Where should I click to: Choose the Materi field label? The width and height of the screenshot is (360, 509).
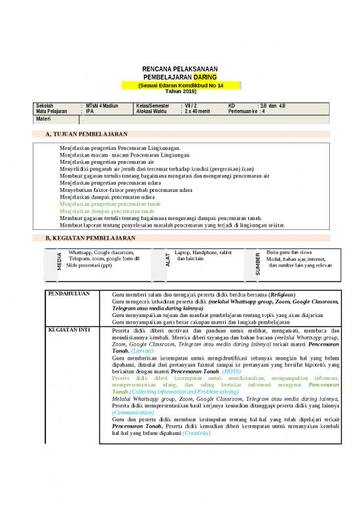43,119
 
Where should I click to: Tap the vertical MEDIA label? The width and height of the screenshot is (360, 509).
59,261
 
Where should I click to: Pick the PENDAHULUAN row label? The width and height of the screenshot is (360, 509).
71,293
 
